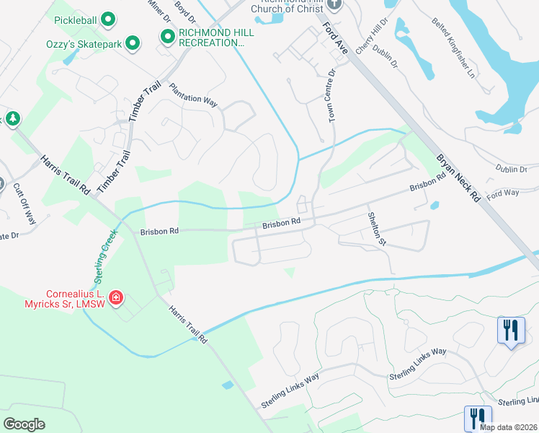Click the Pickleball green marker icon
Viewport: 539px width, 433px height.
[x=107, y=19]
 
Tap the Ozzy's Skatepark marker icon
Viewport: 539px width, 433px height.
[x=133, y=44]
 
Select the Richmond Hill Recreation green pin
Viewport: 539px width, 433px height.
[x=167, y=37]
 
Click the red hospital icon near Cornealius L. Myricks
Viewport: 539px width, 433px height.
[x=115, y=297]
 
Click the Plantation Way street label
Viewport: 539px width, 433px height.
[x=193, y=95]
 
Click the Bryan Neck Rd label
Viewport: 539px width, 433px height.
[x=457, y=176]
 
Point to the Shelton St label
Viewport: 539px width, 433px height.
[x=377, y=229]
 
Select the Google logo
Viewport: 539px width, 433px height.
[x=24, y=424]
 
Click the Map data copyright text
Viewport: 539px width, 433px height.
[x=508, y=427]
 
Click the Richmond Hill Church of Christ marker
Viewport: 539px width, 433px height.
[x=332, y=4]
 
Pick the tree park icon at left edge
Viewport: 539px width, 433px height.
[x=12, y=118]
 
